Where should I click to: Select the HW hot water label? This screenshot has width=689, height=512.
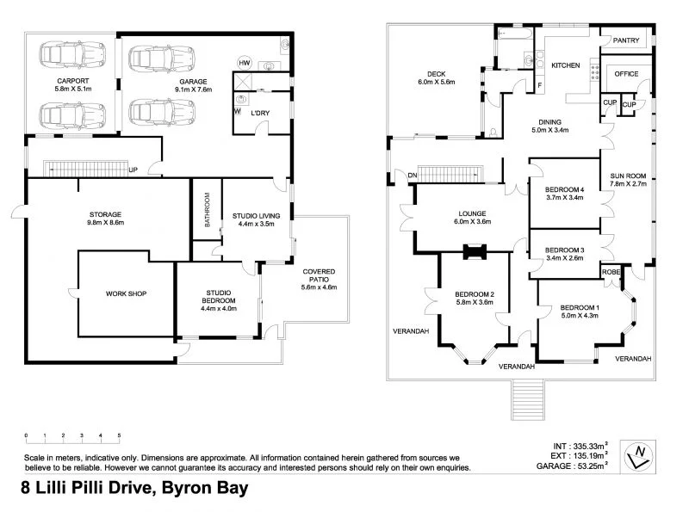(245, 64)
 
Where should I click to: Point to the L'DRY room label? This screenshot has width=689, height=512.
(258, 114)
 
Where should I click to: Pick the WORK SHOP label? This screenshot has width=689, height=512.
(127, 293)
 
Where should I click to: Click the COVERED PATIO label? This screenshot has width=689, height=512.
(319, 276)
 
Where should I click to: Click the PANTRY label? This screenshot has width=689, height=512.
(626, 40)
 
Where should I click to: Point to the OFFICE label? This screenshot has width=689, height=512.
(626, 74)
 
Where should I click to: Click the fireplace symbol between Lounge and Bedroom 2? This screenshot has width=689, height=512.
(474, 252)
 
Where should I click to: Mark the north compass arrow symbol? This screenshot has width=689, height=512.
(638, 456)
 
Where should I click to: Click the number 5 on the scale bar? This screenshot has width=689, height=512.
(119, 435)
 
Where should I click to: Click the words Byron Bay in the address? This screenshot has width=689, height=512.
(201, 489)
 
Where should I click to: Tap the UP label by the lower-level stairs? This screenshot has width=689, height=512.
(133, 170)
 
